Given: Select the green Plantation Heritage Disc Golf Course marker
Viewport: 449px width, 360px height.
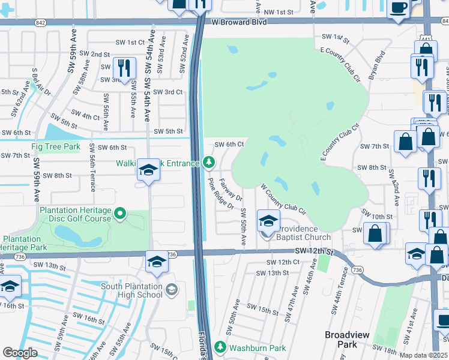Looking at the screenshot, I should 121,213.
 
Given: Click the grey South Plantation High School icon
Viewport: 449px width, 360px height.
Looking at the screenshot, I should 172,290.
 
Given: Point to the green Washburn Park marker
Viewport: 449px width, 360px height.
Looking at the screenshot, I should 220,347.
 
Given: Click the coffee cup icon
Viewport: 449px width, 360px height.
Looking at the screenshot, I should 399,8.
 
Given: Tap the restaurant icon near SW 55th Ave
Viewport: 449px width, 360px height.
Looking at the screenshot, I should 124,68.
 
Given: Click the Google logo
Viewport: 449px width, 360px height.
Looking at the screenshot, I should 20,353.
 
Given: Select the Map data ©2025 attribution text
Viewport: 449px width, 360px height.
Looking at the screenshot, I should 423,355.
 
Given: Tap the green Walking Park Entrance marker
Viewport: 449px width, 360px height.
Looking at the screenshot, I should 208,161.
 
